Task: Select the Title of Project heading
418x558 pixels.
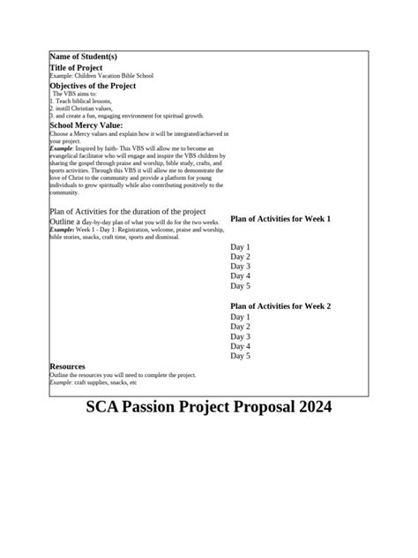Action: [76, 67]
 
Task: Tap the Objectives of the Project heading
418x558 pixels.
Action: [92, 86]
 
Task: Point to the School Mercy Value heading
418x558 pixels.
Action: [86, 125]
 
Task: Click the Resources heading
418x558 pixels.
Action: [68, 366]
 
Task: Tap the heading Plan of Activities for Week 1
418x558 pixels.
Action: [280, 218]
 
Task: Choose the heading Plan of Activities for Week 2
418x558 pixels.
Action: [280, 305]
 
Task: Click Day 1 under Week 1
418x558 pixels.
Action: [241, 247]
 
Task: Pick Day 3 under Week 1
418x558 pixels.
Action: [241, 267]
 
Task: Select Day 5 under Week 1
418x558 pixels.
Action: [241, 286]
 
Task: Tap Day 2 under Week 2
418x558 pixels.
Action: [241, 327]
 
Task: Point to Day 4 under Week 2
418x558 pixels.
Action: [241, 347]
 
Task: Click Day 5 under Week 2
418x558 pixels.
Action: [241, 357]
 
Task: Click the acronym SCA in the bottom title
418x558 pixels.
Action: [107, 408]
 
